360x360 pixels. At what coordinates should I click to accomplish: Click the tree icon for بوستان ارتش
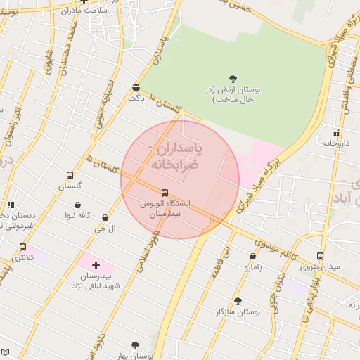233,78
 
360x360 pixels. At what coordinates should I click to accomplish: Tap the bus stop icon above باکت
136,87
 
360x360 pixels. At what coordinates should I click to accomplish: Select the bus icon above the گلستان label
70,175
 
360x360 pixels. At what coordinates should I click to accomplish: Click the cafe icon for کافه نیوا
77,205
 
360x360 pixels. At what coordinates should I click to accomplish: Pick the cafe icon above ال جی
105,218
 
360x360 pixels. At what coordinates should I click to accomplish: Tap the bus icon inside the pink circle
165,192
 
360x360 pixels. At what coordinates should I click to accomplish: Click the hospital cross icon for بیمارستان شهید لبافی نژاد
96,266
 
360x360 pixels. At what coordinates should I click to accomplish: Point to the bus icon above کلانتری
23,247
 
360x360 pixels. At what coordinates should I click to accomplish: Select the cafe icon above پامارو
252,257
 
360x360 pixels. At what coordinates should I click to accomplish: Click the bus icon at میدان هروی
321,256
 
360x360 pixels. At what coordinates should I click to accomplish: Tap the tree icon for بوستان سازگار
238,300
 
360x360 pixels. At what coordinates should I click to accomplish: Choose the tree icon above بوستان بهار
135,345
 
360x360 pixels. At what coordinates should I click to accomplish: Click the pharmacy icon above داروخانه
336,132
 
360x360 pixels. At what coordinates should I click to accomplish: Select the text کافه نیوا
77,215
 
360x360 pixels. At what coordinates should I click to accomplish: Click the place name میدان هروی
320,267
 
